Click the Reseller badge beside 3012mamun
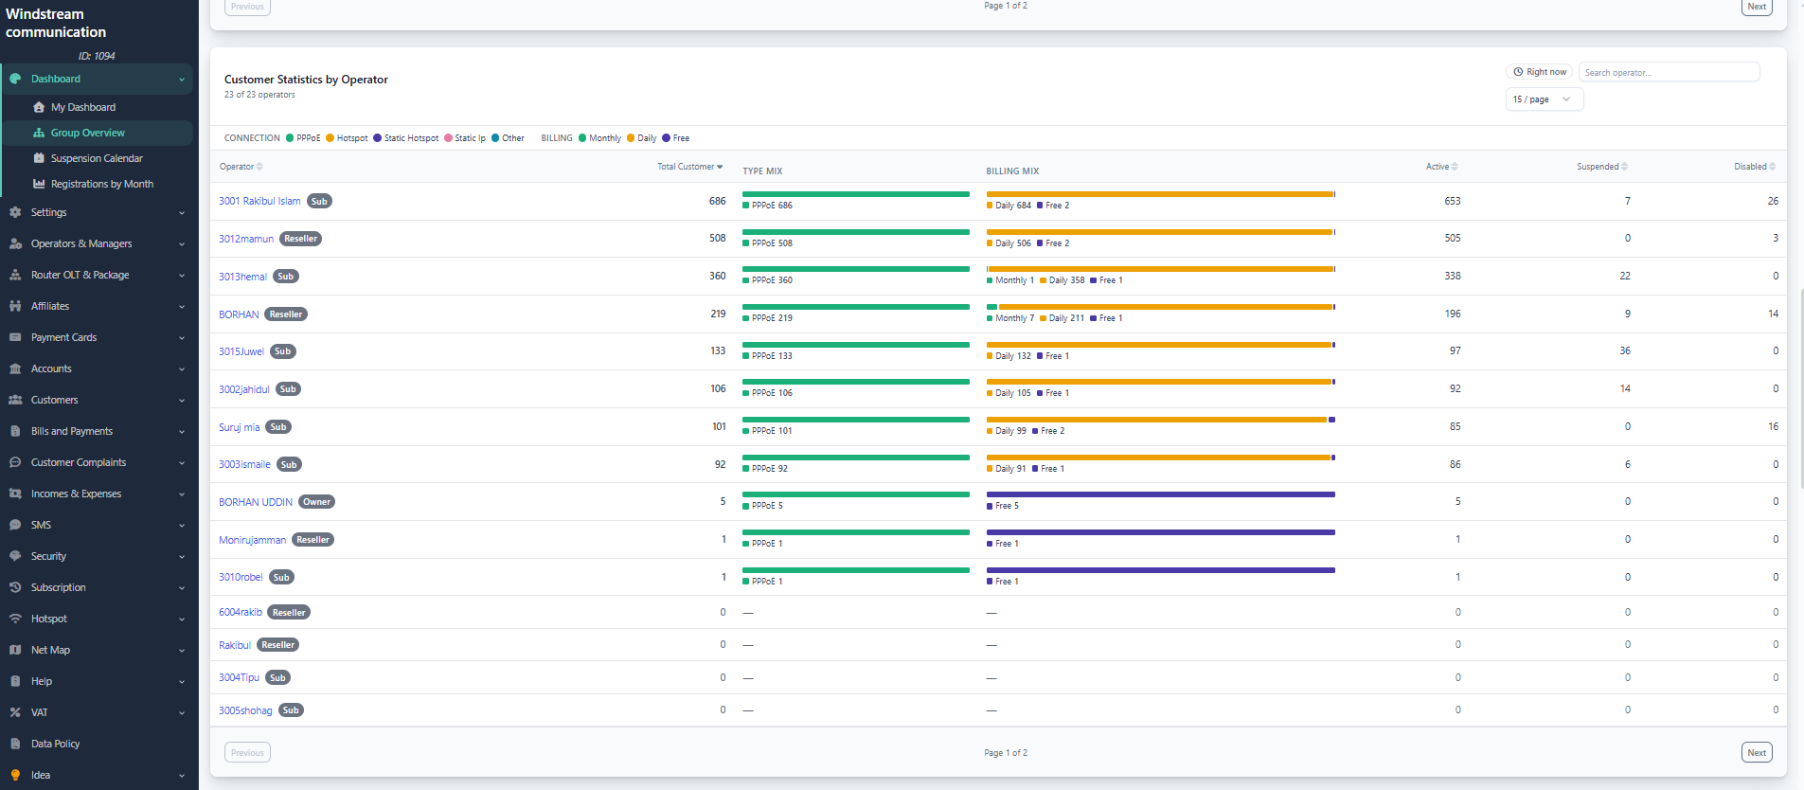(300, 239)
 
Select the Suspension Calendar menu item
(97, 158)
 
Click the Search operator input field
(1669, 72)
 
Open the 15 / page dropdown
(1544, 99)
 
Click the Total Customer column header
(689, 167)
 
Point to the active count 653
(1453, 201)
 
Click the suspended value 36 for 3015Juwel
(1625, 351)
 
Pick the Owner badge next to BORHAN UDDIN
(316, 502)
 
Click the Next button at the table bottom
(1757, 753)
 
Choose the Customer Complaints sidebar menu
(79, 462)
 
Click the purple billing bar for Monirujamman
(1161, 532)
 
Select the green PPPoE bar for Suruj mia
(856, 420)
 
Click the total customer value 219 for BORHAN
(719, 314)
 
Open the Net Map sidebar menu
(50, 650)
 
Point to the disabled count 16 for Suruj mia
(1773, 426)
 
